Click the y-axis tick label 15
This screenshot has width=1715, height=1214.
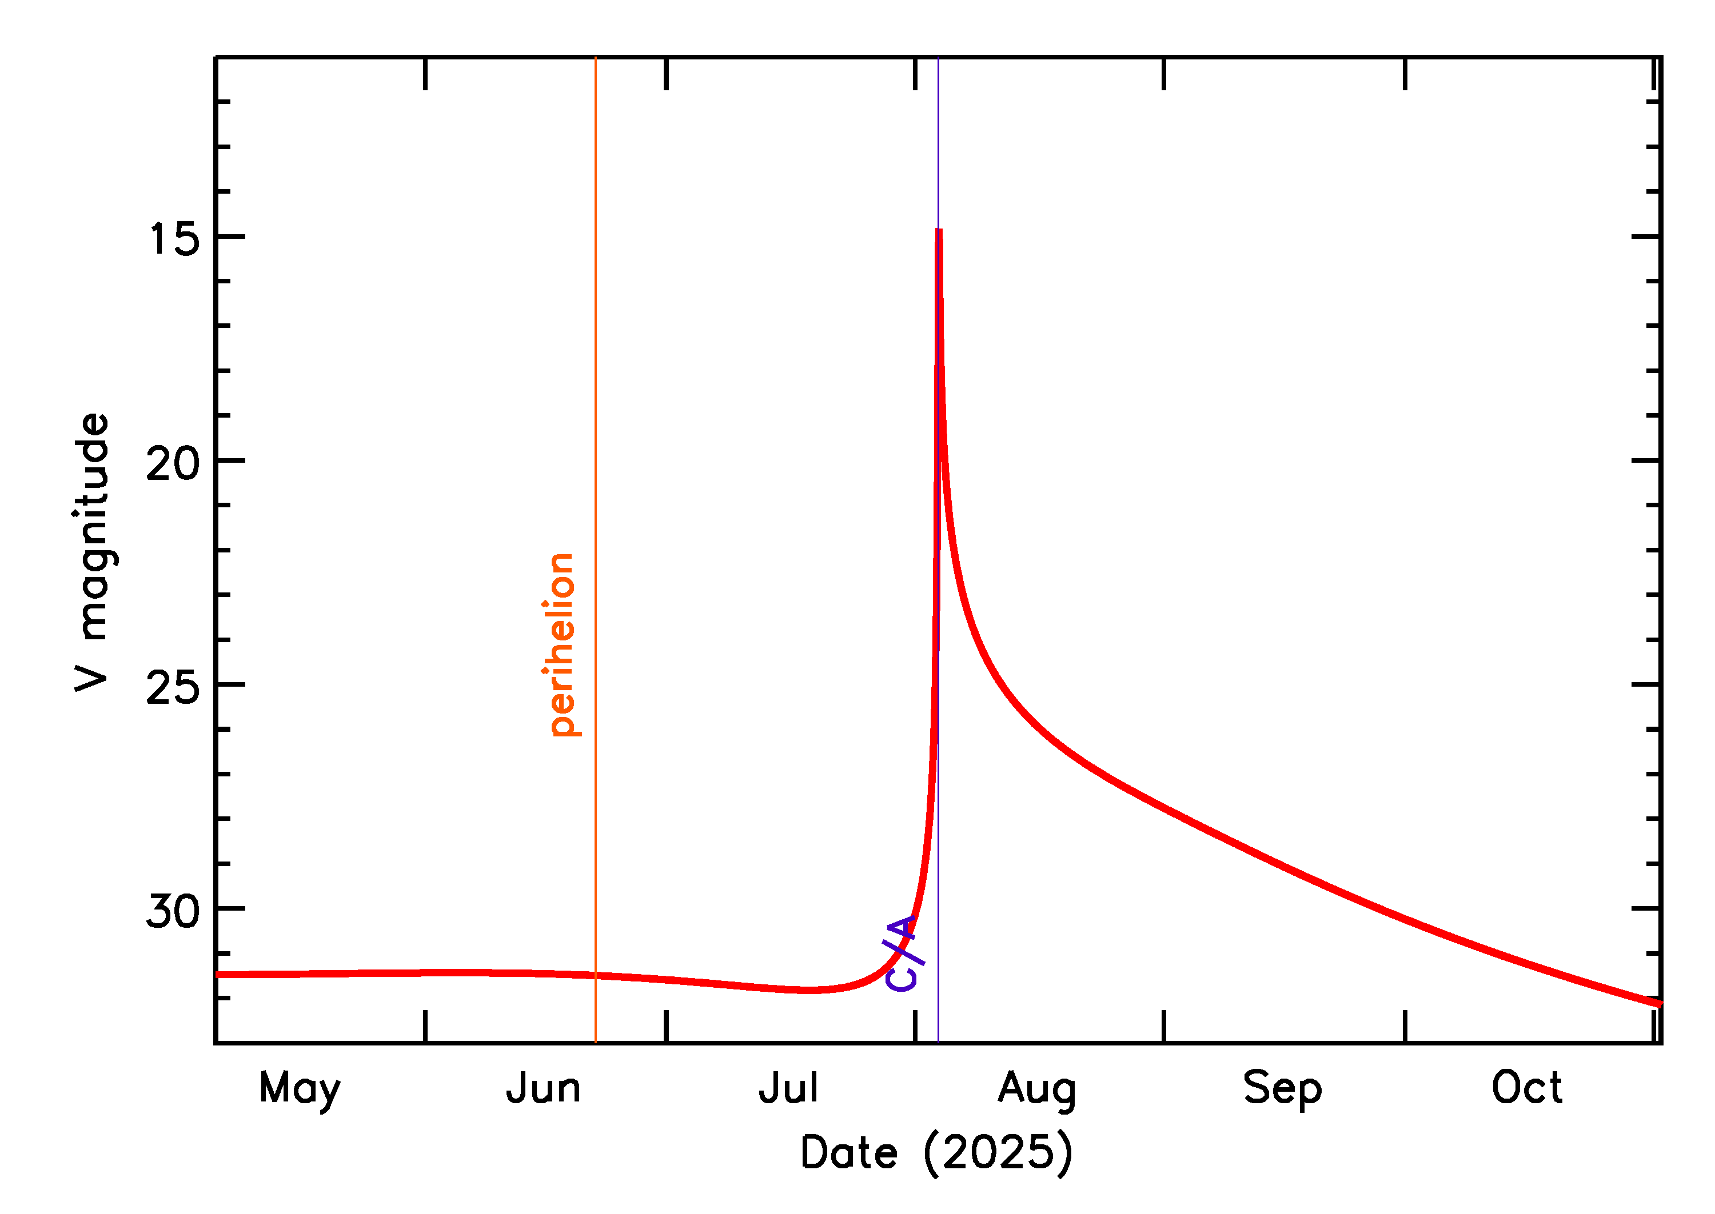pos(174,240)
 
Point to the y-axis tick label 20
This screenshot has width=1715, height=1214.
pos(173,464)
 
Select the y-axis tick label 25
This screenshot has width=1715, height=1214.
pos(173,688)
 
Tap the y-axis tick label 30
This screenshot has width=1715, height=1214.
pos(173,912)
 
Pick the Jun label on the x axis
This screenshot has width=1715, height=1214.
pos(543,1089)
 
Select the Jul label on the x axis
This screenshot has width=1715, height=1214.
pos(788,1089)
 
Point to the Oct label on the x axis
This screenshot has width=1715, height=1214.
pos(1526,1088)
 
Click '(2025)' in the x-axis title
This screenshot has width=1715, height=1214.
pos(998,1153)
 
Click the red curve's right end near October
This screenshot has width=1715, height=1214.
pos(1659,1004)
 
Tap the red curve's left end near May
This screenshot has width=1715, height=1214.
pos(218,975)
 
